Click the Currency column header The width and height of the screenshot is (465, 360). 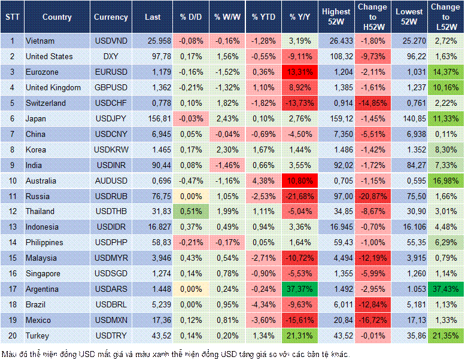[x=111, y=17]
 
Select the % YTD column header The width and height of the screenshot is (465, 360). [x=263, y=17]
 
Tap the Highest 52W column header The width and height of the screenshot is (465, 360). [x=336, y=17]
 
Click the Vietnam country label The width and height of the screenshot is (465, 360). [x=40, y=41]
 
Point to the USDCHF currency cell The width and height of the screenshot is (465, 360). [x=111, y=103]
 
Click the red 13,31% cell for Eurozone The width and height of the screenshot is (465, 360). [x=300, y=72]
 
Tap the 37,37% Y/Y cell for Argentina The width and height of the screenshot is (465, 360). [x=300, y=289]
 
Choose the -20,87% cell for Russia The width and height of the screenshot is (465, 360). [x=373, y=196]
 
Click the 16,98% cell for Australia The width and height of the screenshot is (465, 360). [x=446, y=181]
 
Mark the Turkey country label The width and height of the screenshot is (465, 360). [x=37, y=335]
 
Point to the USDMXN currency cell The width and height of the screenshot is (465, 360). [x=111, y=320]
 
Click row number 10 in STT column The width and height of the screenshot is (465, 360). [x=12, y=181]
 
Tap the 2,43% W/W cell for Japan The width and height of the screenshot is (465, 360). [x=227, y=118]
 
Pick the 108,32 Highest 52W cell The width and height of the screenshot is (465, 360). [x=336, y=56]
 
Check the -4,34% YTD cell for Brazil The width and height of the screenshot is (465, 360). [x=263, y=304]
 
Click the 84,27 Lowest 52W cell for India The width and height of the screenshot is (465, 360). [x=409, y=165]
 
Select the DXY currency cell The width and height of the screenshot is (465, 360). [x=111, y=56]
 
